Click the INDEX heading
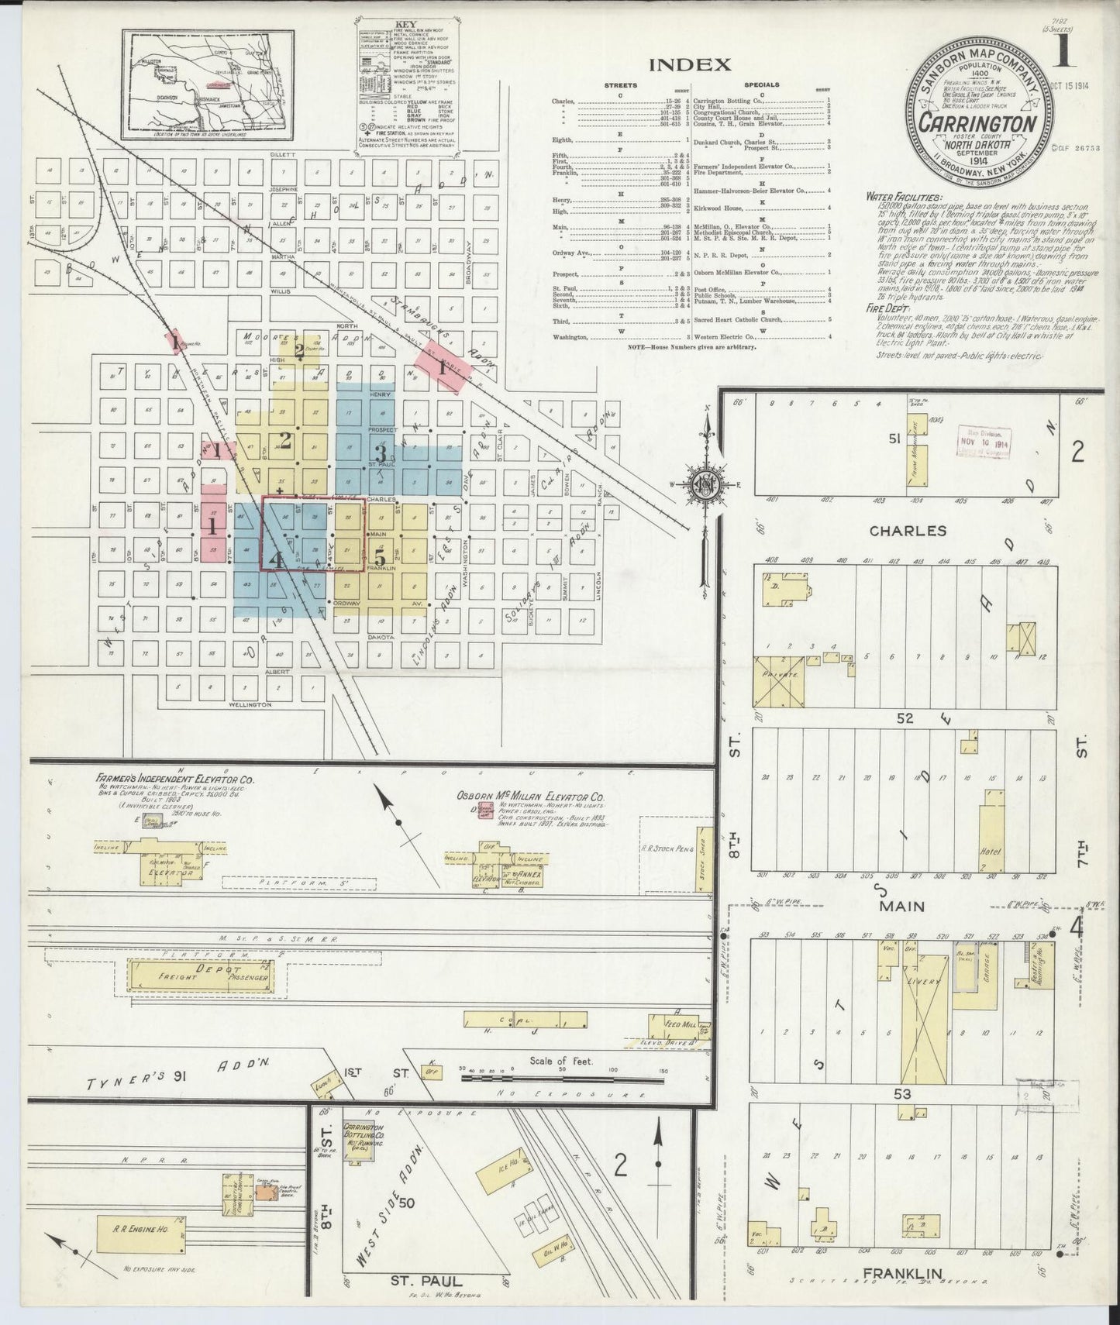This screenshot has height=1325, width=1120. pos(689,64)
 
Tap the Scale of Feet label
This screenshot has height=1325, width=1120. pos(561,1061)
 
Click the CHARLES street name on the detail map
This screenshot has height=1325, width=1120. pos(907,532)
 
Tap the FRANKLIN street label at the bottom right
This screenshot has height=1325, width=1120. pos(911,1295)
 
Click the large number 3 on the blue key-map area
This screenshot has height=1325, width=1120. pos(380,453)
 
